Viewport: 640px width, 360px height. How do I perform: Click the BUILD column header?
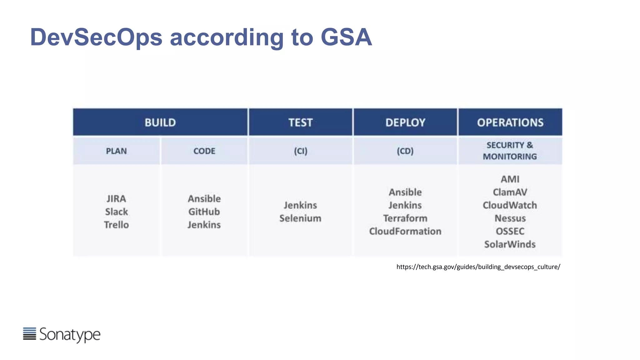pyautogui.click(x=160, y=122)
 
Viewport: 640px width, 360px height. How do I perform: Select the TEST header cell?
pyautogui.click(x=300, y=122)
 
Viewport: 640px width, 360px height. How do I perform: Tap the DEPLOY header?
pyautogui.click(x=405, y=122)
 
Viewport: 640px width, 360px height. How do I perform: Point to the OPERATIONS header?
pyautogui.click(x=510, y=122)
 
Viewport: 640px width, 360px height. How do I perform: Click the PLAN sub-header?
pyautogui.click(x=116, y=151)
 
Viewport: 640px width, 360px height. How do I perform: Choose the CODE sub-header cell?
pyautogui.click(x=204, y=151)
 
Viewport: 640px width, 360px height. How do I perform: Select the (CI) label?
pyautogui.click(x=300, y=151)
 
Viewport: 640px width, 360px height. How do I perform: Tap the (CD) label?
pyautogui.click(x=405, y=151)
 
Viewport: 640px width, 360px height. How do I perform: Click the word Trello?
pyautogui.click(x=116, y=225)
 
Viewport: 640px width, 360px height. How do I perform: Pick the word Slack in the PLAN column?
pyautogui.click(x=116, y=212)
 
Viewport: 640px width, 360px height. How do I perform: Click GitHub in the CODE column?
pyautogui.click(x=204, y=212)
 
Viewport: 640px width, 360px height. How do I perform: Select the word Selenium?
pyautogui.click(x=300, y=218)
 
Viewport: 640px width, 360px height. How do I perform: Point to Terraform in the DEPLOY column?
pyautogui.click(x=405, y=218)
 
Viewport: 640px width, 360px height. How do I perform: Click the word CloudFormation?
pyautogui.click(x=405, y=232)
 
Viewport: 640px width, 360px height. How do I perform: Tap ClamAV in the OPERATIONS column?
pyautogui.click(x=510, y=192)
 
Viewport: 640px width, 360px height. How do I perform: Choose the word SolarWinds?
pyautogui.click(x=510, y=244)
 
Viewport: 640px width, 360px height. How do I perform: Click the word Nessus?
pyautogui.click(x=510, y=218)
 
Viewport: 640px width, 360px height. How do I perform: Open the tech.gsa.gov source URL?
pyautogui.click(x=478, y=267)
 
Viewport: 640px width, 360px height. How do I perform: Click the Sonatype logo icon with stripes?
pyautogui.click(x=30, y=334)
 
